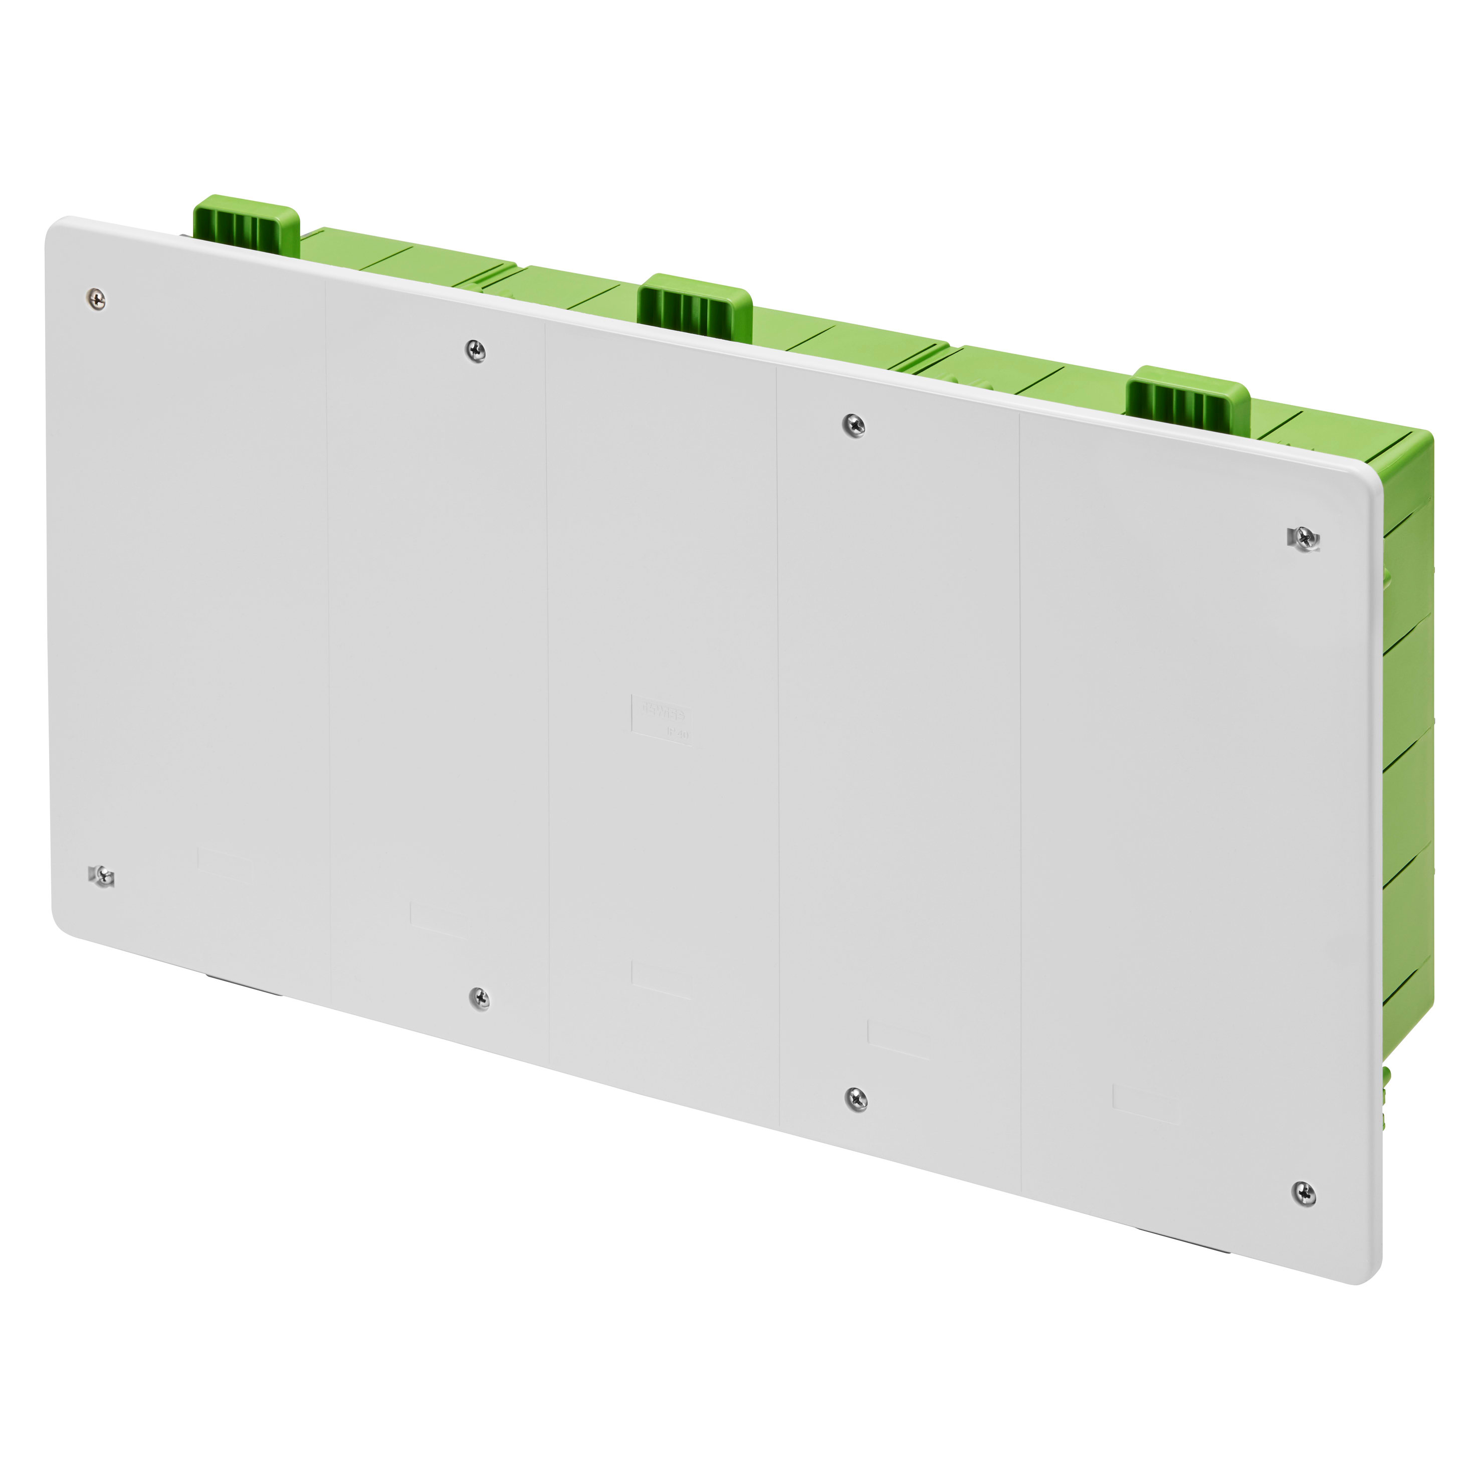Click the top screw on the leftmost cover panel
pyautogui.click(x=97, y=300)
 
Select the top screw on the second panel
pyautogui.click(x=476, y=351)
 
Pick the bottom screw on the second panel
pyautogui.click(x=480, y=998)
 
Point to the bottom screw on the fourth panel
pyautogui.click(x=857, y=1099)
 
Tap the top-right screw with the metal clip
pyautogui.click(x=1304, y=539)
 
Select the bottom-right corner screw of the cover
pyautogui.click(x=1305, y=1193)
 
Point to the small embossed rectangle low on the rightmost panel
pyautogui.click(x=1146, y=1104)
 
